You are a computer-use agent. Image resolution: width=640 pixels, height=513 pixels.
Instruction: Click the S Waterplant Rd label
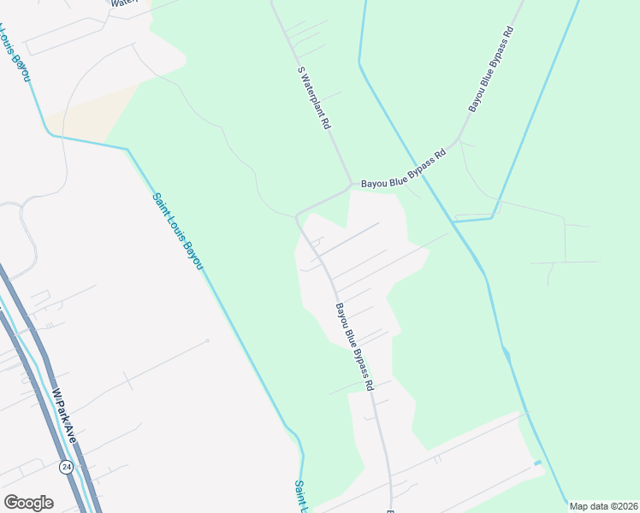(313, 97)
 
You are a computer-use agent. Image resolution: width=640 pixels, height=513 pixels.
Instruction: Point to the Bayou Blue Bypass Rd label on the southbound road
(354, 346)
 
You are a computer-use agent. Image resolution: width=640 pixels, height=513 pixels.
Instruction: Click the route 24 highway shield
(66, 467)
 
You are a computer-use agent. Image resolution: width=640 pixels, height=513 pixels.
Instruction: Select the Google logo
(28, 503)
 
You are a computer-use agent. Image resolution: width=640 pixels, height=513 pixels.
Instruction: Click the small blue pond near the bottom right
(537, 463)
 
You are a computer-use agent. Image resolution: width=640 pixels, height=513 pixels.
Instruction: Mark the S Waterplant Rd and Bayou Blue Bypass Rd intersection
(350, 183)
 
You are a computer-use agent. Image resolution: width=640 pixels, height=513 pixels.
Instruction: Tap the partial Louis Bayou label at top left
(15, 53)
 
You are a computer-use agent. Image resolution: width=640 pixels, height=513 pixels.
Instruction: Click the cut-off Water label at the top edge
(125, 3)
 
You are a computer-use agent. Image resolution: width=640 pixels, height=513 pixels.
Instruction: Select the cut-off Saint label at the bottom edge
(300, 496)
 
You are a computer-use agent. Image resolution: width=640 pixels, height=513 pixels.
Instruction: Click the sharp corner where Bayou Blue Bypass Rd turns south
(297, 215)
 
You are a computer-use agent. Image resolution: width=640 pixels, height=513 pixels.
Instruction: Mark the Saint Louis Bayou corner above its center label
(127, 150)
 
